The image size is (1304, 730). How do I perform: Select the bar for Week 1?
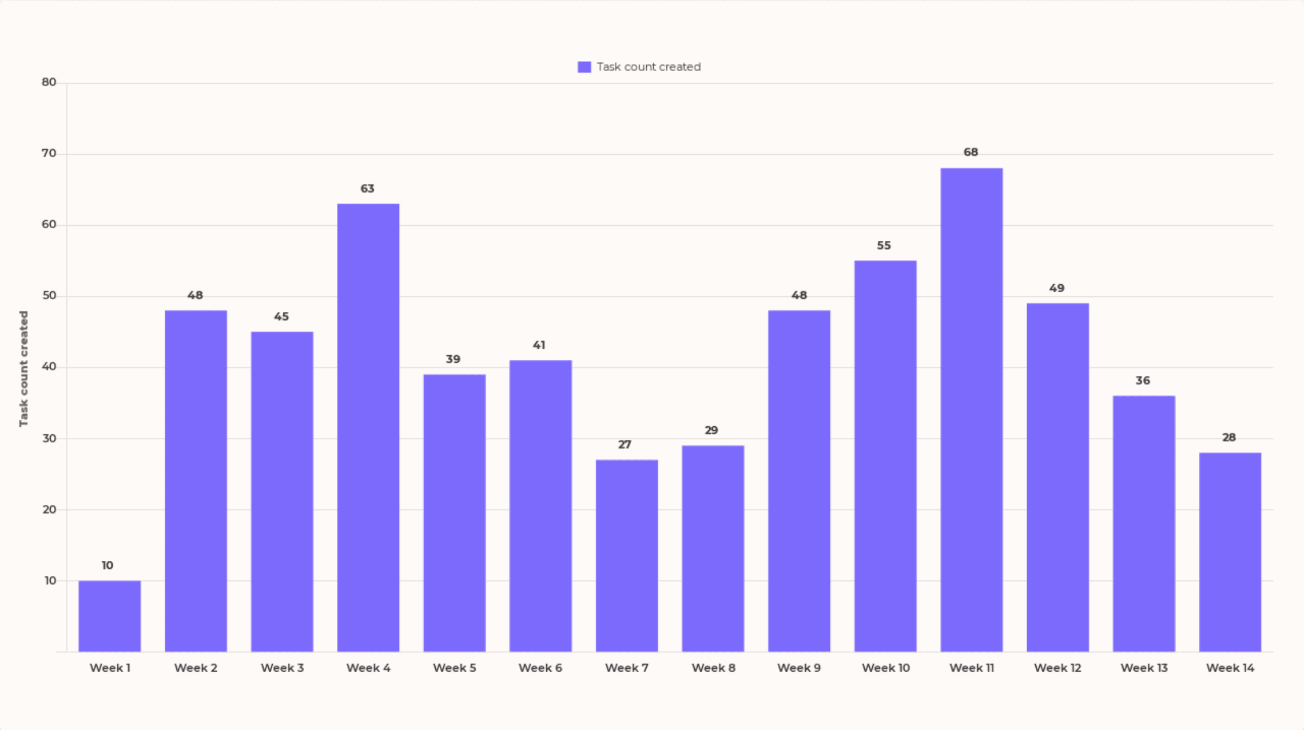click(110, 616)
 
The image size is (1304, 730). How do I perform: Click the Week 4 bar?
click(368, 427)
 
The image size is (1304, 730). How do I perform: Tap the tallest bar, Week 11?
click(972, 409)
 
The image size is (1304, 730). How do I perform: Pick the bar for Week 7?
click(627, 555)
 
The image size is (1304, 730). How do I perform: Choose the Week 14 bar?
click(1230, 552)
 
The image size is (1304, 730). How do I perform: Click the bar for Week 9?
click(799, 481)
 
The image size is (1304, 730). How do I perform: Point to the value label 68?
click(970, 152)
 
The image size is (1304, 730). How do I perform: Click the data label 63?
click(367, 189)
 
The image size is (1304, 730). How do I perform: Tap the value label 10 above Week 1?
click(108, 565)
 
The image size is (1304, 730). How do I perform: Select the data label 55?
click(884, 245)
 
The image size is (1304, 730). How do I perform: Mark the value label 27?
click(624, 445)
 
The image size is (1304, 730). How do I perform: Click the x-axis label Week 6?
click(540, 668)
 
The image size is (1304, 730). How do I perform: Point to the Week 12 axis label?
click(1057, 668)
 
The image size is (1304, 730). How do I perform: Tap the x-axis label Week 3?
click(282, 668)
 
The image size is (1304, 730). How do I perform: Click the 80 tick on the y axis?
click(49, 83)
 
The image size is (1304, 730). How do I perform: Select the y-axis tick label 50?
click(49, 296)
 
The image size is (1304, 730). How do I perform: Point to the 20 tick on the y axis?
click(49, 509)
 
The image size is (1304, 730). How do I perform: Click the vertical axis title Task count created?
click(24, 368)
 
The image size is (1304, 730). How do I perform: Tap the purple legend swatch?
click(584, 67)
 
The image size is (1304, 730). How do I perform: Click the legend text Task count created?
click(649, 67)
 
